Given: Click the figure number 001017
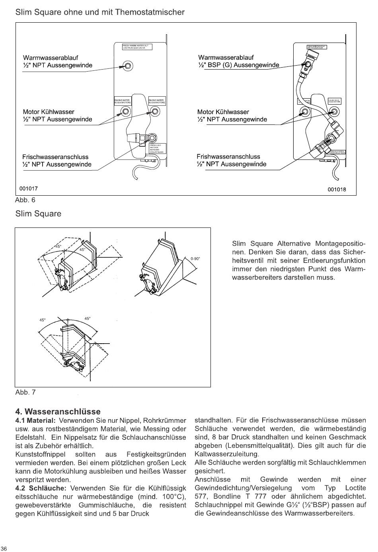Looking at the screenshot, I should pos(29,189).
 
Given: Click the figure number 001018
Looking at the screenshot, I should pos(337,189).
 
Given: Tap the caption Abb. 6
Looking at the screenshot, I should pos(25,200).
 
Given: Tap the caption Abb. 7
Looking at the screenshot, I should pos(25,393).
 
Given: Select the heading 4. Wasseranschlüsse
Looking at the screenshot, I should pos(58,412).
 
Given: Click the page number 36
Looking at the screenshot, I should pos(4,548).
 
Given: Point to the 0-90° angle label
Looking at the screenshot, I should pos(195,259).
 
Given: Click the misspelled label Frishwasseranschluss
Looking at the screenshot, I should pos(228,157).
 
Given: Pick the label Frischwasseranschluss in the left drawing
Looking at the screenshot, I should pos(55,157).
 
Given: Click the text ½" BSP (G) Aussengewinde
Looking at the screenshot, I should pos(238,65).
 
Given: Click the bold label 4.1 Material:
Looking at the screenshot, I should pos(35,421).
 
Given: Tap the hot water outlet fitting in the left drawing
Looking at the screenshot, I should pos(128,66).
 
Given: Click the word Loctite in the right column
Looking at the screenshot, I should pos(355,488).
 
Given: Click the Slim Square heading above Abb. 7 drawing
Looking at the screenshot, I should pos(38,214).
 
